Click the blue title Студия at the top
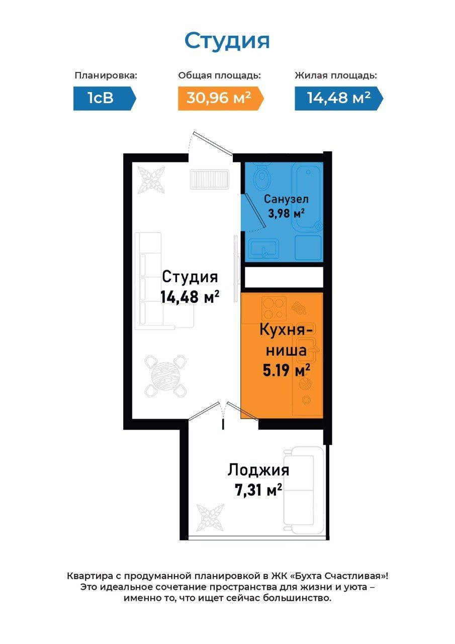(x=227, y=41)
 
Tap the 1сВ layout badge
(x=105, y=98)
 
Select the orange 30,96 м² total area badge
(x=221, y=98)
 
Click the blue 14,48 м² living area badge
(x=339, y=98)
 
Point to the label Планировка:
(x=106, y=75)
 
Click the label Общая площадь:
(x=220, y=75)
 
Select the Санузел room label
(x=287, y=199)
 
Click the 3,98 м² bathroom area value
(x=286, y=213)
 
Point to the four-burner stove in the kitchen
(x=274, y=309)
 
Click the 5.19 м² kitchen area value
(x=287, y=370)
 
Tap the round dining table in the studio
(x=166, y=376)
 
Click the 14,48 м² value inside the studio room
(x=190, y=296)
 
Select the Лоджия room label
(x=258, y=470)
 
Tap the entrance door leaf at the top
(x=213, y=143)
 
